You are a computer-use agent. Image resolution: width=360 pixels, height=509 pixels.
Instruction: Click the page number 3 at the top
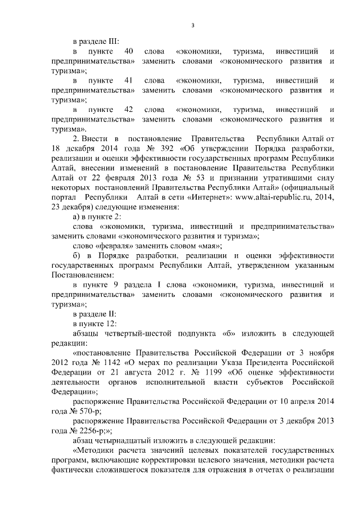pyautogui.click(x=193, y=25)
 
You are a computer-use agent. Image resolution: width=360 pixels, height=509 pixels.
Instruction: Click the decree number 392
pyautogui.click(x=166, y=149)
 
